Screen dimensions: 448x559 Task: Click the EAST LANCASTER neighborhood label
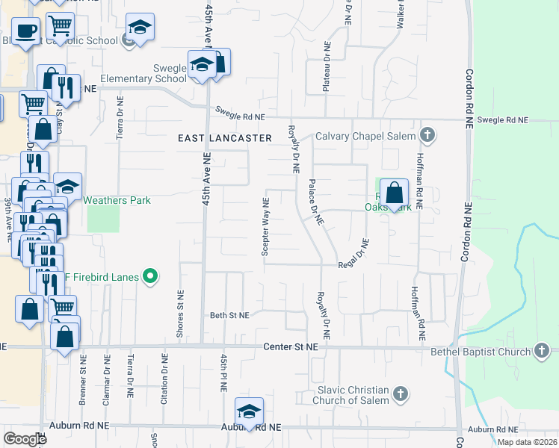pos(224,138)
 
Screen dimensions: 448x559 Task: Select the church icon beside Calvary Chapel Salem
pos(427,135)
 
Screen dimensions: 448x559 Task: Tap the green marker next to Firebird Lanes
pos(150,277)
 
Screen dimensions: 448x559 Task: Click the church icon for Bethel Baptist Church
pos(542,350)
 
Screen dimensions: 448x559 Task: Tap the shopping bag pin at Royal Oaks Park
pos(394,193)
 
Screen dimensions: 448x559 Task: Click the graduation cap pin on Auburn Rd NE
pos(249,411)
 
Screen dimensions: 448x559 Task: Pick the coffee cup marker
pos(25,31)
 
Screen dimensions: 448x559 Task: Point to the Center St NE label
pos(291,347)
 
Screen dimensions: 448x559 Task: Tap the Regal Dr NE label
pos(354,255)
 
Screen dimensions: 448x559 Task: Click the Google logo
pos(25,439)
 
